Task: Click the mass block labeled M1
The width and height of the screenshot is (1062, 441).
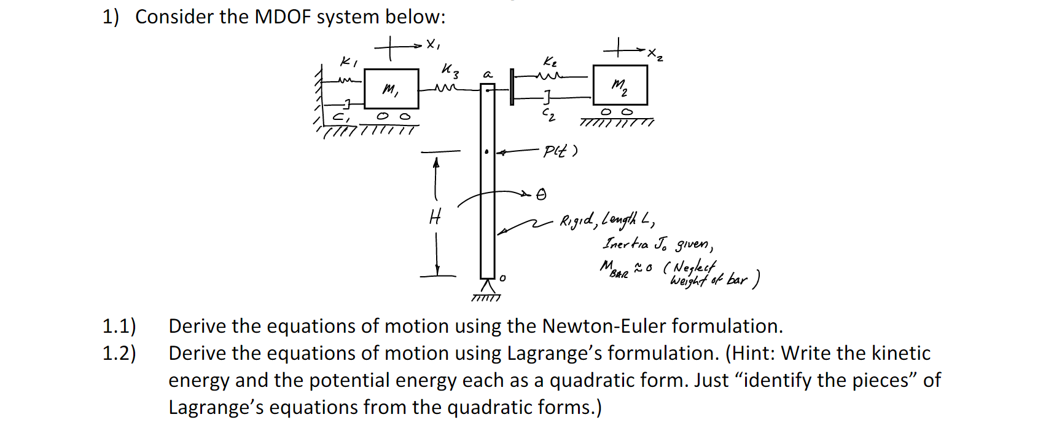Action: click(x=391, y=89)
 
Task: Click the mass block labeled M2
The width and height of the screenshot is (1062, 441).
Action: click(x=620, y=85)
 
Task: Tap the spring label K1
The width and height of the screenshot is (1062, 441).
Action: click(x=348, y=62)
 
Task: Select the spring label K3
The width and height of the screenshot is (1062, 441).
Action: click(x=450, y=71)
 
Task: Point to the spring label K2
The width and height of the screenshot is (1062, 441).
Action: click(x=550, y=62)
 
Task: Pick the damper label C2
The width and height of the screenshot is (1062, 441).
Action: click(x=549, y=114)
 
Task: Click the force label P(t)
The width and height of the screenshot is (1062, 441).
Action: click(x=560, y=151)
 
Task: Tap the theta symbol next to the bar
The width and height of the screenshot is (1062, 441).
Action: click(x=541, y=195)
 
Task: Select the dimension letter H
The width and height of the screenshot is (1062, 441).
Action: click(x=435, y=217)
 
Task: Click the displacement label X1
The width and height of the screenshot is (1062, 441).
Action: click(x=433, y=44)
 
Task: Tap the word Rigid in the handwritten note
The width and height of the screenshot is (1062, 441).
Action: click(x=577, y=220)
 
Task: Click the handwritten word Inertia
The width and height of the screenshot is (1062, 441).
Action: click(x=625, y=244)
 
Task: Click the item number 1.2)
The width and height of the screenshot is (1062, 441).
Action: click(x=119, y=353)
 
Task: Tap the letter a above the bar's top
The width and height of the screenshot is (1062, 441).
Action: click(x=488, y=74)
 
